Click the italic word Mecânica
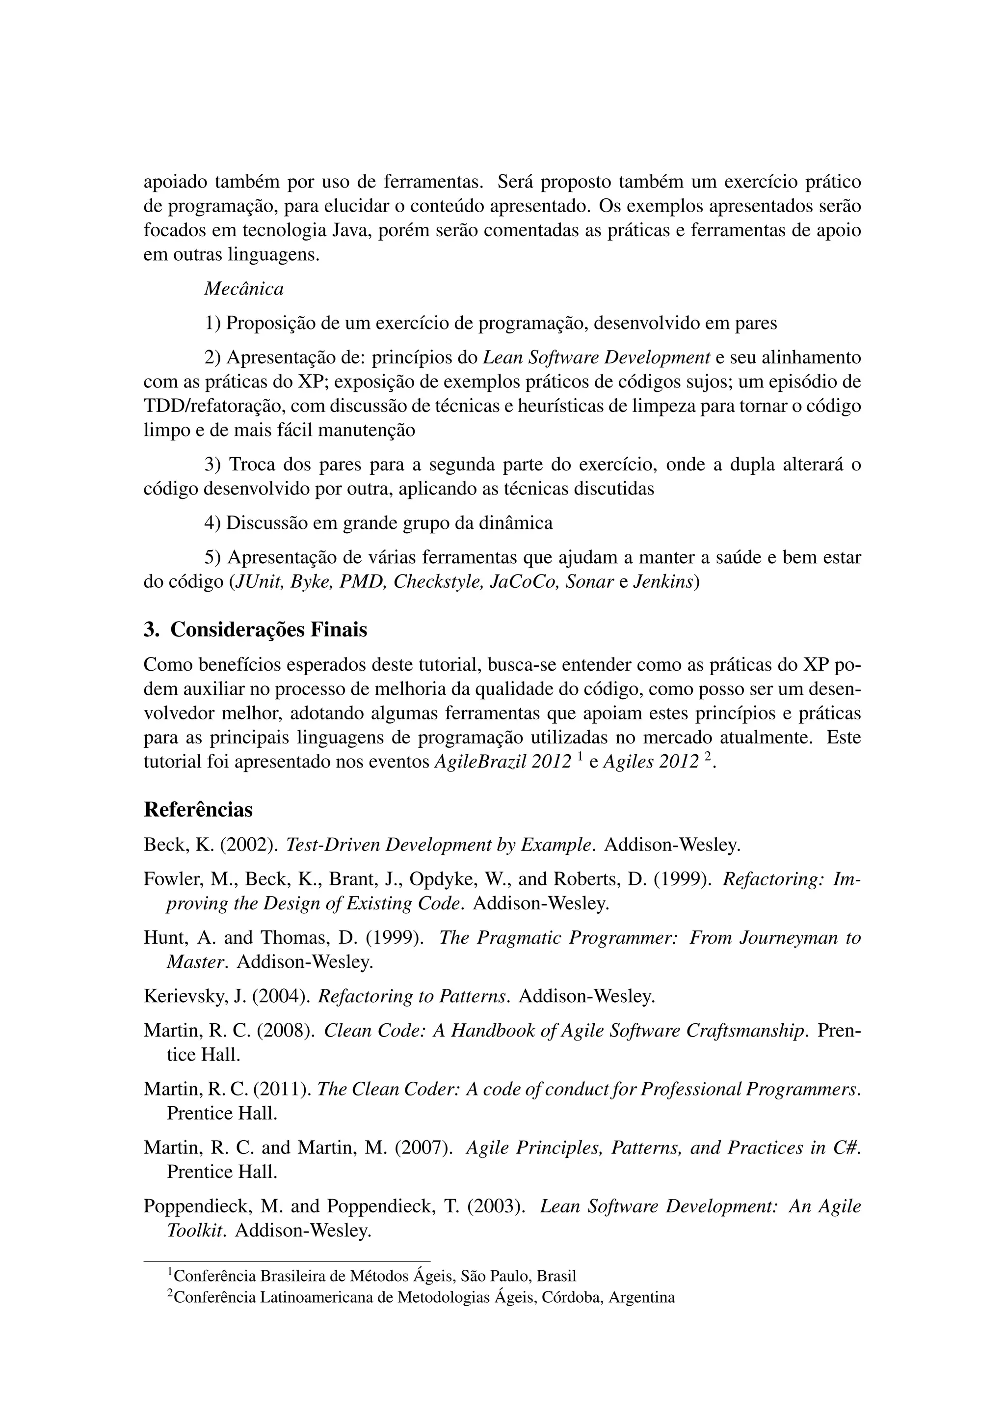(x=244, y=289)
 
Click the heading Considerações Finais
(x=268, y=630)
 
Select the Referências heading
(x=198, y=810)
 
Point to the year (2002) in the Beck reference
(x=249, y=845)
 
